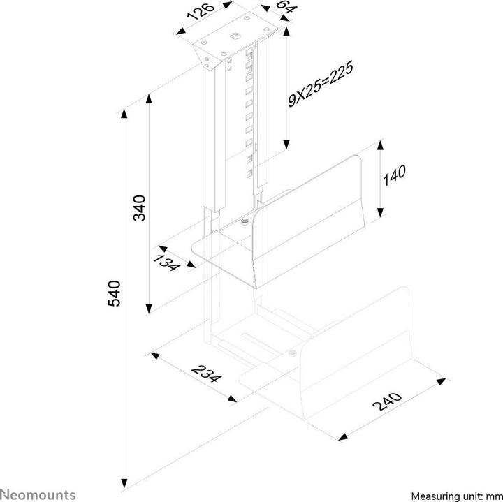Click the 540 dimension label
115,293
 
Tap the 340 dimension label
140,208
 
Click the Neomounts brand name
38,495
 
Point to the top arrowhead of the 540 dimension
125,112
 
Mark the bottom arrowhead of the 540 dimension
125,481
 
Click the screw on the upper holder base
244,222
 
